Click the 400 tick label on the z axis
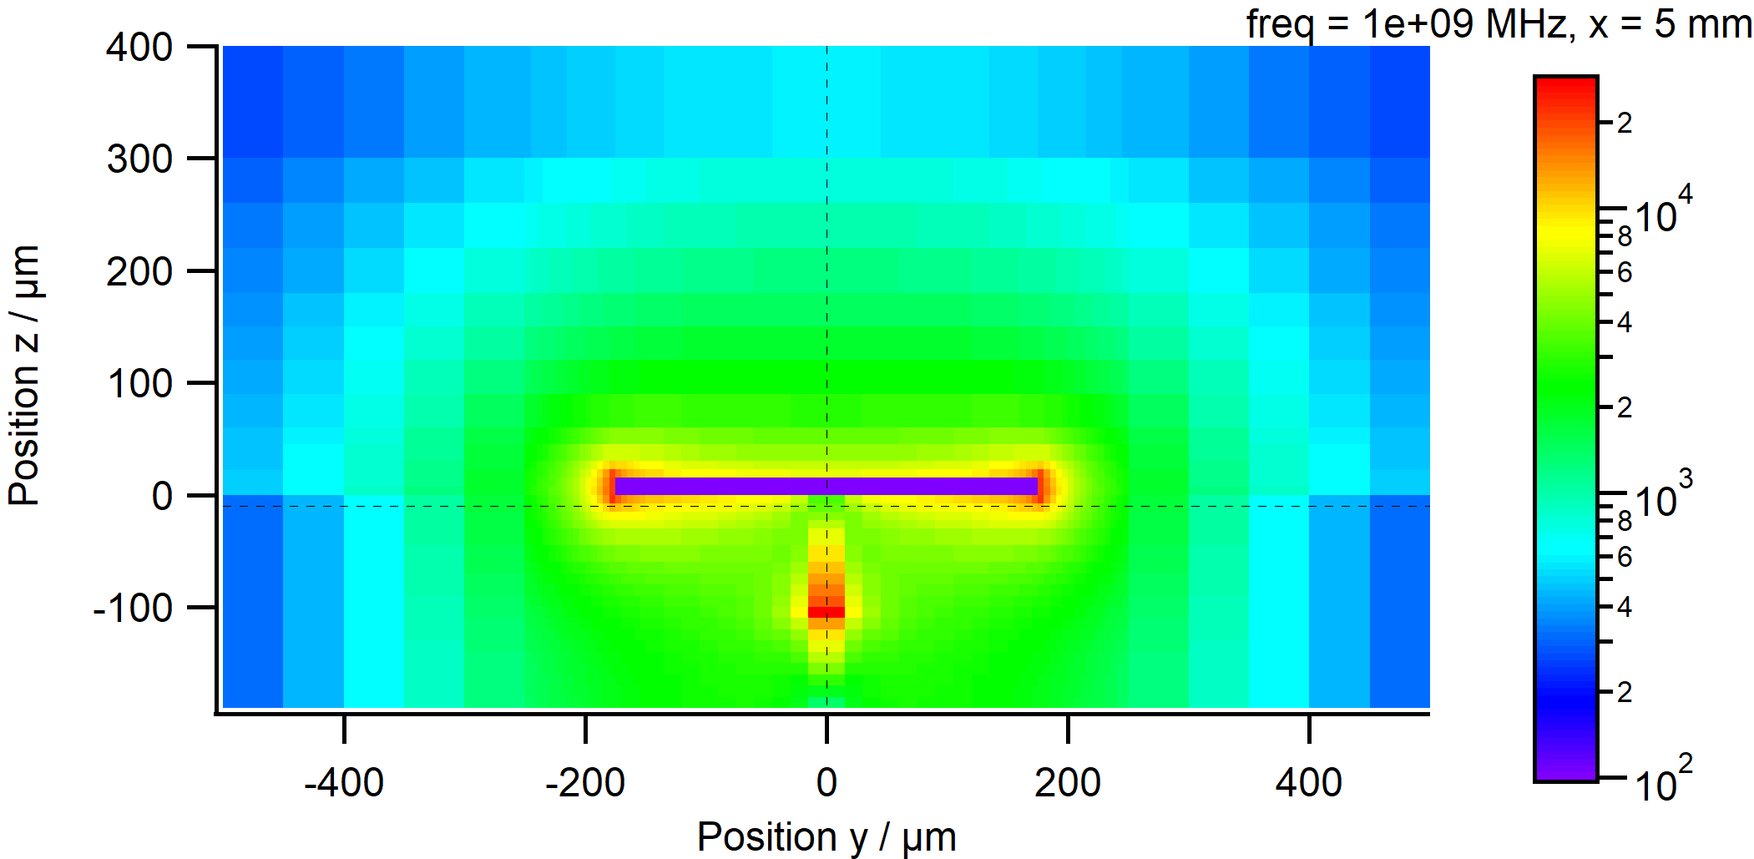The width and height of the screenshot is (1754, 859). pyautogui.click(x=139, y=48)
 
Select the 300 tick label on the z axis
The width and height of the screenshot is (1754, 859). pyautogui.click(x=139, y=159)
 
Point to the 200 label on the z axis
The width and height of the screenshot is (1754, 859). pyautogui.click(x=139, y=271)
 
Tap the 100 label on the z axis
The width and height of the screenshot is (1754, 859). pyautogui.click(x=139, y=383)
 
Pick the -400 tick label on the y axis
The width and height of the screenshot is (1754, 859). pyautogui.click(x=343, y=783)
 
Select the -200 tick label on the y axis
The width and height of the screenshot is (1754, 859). pyautogui.click(x=584, y=783)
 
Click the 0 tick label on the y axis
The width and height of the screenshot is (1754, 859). pyautogui.click(x=826, y=783)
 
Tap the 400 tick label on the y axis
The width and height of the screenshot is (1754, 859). pyautogui.click(x=1308, y=783)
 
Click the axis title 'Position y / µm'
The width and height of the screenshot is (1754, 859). pyautogui.click(x=826, y=836)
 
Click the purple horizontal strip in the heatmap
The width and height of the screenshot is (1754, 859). pyautogui.click(x=826, y=486)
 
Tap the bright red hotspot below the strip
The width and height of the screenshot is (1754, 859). pyautogui.click(x=826, y=612)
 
